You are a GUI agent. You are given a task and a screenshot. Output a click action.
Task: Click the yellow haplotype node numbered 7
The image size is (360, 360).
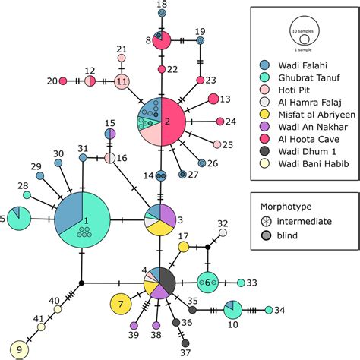(121, 304)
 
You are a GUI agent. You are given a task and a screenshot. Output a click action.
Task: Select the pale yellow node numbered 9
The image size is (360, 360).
(19, 349)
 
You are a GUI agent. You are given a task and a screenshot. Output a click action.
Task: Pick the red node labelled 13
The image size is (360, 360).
(214, 99)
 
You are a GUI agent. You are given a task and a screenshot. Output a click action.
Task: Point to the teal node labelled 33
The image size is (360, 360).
(241, 283)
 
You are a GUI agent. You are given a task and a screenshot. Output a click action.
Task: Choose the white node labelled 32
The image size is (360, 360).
(223, 234)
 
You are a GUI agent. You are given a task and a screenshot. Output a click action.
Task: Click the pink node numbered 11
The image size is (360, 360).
(122, 81)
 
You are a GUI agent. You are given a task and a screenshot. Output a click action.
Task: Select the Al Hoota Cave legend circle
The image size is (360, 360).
(264, 139)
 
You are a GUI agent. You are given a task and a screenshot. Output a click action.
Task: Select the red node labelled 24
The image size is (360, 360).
(220, 122)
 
